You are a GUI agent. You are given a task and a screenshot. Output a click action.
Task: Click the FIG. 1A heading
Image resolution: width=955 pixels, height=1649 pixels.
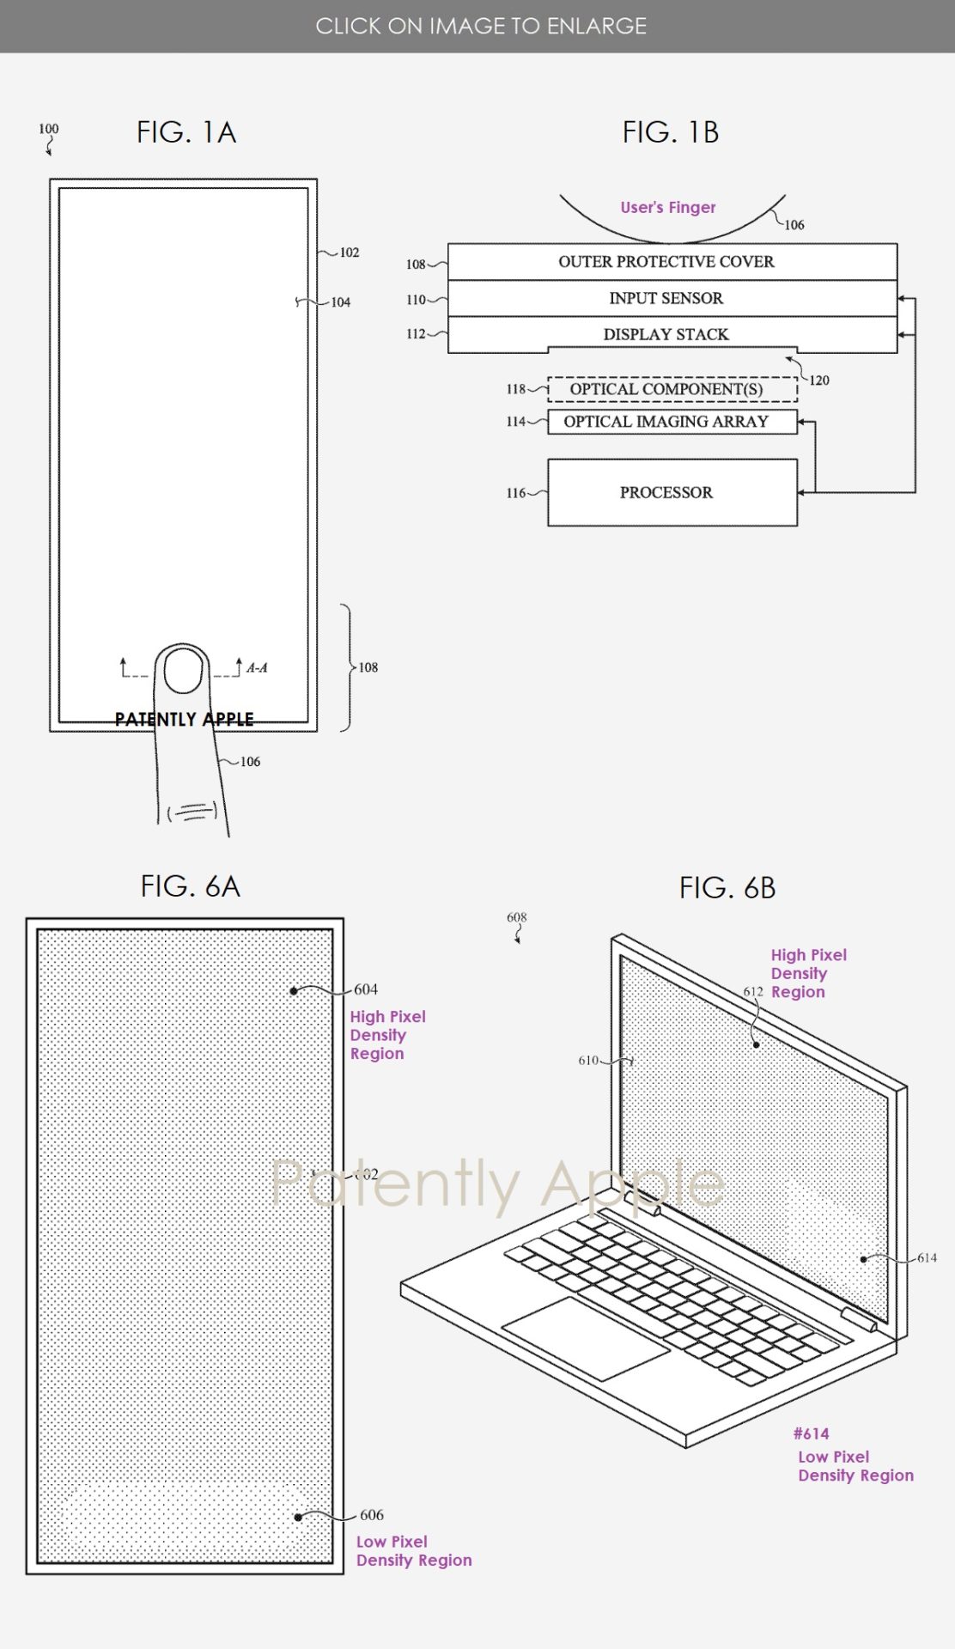(x=186, y=132)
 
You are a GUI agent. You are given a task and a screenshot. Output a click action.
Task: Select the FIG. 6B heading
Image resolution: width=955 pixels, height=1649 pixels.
(x=727, y=887)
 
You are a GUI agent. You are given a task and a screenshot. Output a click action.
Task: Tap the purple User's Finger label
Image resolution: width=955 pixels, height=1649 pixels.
(x=668, y=207)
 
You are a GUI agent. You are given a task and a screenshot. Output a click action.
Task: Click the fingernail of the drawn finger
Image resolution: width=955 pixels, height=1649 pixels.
(x=184, y=671)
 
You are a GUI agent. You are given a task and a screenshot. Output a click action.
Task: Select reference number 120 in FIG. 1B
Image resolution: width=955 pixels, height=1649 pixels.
(x=819, y=380)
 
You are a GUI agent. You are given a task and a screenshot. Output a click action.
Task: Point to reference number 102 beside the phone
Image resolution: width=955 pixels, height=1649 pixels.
(x=350, y=253)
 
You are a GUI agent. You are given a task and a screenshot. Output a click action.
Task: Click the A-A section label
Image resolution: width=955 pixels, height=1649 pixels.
(x=257, y=667)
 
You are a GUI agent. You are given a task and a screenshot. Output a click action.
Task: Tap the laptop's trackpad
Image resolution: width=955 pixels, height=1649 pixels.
(x=585, y=1337)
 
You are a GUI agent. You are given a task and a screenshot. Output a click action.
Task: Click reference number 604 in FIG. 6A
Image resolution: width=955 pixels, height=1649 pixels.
(x=366, y=989)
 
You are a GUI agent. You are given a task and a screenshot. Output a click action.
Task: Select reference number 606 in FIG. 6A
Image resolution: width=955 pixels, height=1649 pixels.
(x=372, y=1515)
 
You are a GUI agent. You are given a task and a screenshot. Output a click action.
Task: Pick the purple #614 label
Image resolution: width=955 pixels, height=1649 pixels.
(x=811, y=1433)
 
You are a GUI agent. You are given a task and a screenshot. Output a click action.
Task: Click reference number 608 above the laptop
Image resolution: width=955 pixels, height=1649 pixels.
(x=516, y=917)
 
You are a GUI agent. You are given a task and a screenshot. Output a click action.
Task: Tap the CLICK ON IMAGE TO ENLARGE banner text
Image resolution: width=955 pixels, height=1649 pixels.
(x=481, y=26)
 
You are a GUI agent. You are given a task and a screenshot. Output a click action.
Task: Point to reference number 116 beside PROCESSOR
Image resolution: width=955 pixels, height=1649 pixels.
(x=515, y=493)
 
